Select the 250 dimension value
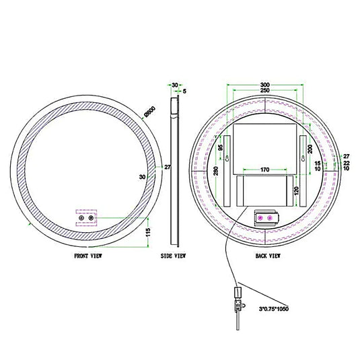[266, 91]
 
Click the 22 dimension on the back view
[346, 162]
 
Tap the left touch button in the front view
[81, 217]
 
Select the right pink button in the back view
[271, 217]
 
